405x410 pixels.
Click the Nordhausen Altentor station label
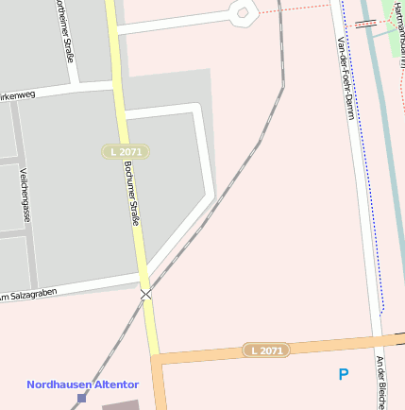click(x=82, y=384)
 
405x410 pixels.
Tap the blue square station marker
click(x=81, y=398)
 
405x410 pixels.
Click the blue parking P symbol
click(x=344, y=375)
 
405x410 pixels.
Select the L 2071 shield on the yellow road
click(x=126, y=151)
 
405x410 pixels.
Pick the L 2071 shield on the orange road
click(x=266, y=350)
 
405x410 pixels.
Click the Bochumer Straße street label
click(x=133, y=192)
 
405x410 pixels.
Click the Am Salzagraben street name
click(x=28, y=296)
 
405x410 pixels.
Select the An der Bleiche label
click(x=381, y=383)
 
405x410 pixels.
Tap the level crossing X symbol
click(x=145, y=295)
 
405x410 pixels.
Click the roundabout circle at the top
click(x=243, y=13)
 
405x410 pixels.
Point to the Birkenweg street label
click(x=17, y=96)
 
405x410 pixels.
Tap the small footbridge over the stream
click(x=366, y=24)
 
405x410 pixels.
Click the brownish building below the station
click(x=120, y=404)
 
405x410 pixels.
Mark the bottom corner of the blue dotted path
click(x=381, y=311)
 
